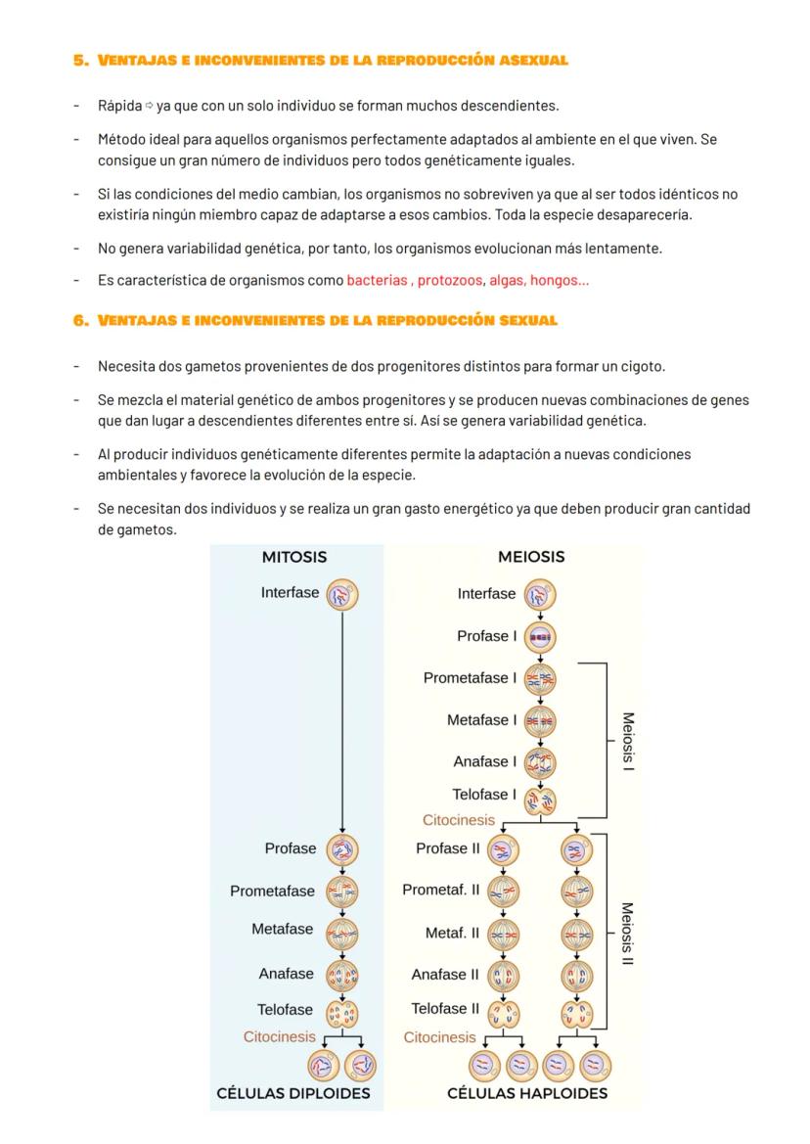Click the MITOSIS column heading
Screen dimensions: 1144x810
pos(293,557)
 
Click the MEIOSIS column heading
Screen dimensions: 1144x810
pos(531,557)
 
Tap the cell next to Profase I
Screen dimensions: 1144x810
pos(540,636)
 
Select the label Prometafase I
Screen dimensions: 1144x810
pos(470,677)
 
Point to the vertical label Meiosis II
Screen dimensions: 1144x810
pos(628,934)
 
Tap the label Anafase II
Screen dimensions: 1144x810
pos(445,974)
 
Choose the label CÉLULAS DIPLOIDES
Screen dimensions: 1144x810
pos(293,1093)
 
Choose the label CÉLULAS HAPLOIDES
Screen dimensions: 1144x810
pos(527,1093)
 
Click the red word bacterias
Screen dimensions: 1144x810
pos(379,280)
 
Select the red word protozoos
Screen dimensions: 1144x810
pos(450,280)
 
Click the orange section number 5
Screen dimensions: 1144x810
pos(80,61)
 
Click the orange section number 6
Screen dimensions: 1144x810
pos(80,320)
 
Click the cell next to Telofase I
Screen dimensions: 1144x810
pos(540,801)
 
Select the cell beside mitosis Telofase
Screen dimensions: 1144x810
pos(341,1012)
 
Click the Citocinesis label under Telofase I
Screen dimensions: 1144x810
pos(458,820)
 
